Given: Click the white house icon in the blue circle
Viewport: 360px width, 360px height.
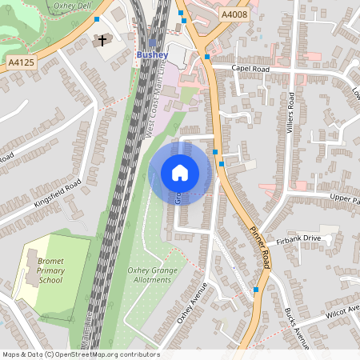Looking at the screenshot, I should coord(180,172).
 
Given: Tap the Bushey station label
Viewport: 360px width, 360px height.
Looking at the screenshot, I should coord(151,54).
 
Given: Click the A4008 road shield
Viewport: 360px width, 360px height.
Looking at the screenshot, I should coord(235,15).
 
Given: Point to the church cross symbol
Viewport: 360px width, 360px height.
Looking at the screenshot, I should coord(102,40).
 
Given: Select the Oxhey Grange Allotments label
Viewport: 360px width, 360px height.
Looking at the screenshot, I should coord(152,276).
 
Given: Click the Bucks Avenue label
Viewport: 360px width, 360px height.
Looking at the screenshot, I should coord(296,328).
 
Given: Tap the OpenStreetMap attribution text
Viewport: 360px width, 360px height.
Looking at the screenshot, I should coord(81,354).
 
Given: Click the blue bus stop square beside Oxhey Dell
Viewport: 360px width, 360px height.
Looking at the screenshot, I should coord(97,19).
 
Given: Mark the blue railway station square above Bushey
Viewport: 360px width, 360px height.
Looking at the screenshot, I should coord(152,43).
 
